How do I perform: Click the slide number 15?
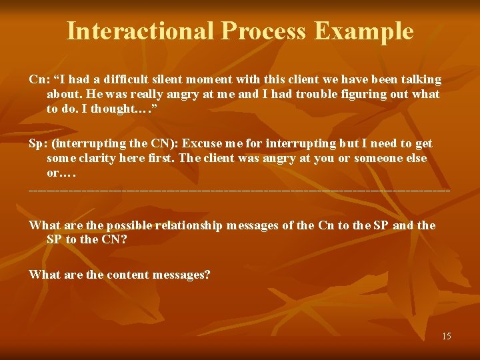coord(446,336)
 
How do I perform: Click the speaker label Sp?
coord(38,143)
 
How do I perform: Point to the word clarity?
coord(97,158)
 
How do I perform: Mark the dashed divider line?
coord(239,191)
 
